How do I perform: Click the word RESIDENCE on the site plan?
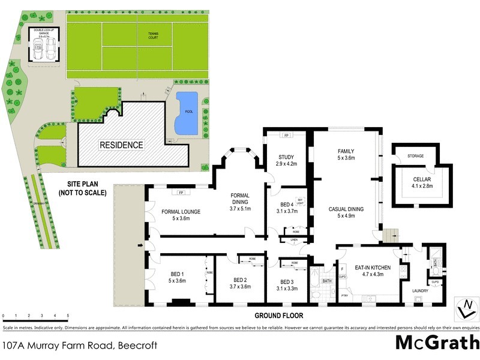[x=121, y=145]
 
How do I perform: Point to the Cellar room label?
[x=422, y=182]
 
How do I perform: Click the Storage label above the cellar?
[x=415, y=156]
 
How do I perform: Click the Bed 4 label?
[x=286, y=207]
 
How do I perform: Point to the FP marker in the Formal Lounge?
[x=181, y=193]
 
